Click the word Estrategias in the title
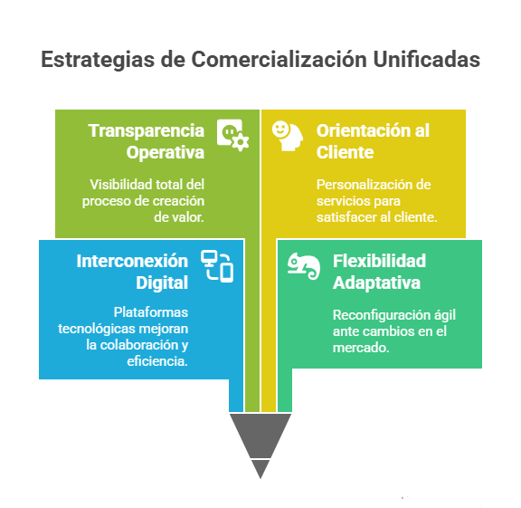(x=98, y=60)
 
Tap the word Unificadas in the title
(x=426, y=59)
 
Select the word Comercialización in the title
(x=279, y=60)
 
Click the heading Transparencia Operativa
(x=147, y=141)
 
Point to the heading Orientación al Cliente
(x=373, y=141)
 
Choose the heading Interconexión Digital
(x=132, y=272)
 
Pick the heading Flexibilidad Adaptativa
(x=379, y=272)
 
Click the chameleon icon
(x=304, y=266)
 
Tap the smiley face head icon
(x=288, y=136)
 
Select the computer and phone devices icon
(x=217, y=266)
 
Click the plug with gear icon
(x=232, y=135)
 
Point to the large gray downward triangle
(x=260, y=436)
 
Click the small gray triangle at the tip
(x=260, y=468)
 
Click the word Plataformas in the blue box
(x=151, y=312)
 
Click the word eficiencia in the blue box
(x=157, y=361)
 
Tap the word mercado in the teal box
(x=361, y=348)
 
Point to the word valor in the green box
(x=193, y=217)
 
